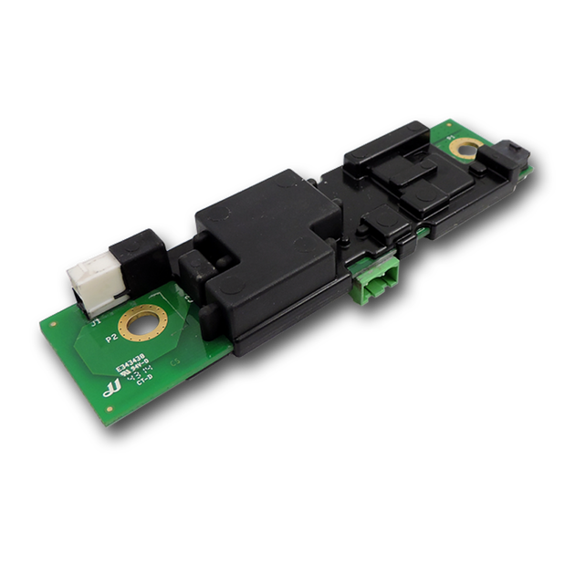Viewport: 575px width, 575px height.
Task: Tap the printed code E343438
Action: point(128,363)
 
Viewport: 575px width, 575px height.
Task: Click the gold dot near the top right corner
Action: point(453,122)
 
